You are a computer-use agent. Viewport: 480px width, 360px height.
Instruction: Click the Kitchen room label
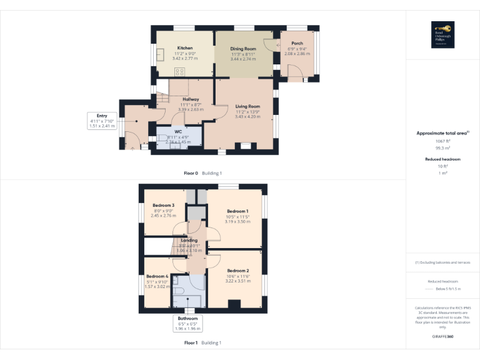point(184,48)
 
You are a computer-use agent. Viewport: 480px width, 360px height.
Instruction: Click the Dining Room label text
point(243,49)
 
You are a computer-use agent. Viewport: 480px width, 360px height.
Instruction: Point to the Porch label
point(297,44)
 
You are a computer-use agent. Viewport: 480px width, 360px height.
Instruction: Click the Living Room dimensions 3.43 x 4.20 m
point(247,116)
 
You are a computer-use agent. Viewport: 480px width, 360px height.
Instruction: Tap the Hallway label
point(191,99)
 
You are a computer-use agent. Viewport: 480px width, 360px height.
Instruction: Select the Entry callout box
point(102,121)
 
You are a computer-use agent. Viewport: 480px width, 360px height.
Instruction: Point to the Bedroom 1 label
point(237,211)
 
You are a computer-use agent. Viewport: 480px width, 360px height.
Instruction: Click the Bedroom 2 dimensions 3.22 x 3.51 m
point(237,281)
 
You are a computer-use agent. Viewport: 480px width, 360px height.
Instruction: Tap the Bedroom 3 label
point(163,205)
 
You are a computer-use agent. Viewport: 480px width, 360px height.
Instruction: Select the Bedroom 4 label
point(157,276)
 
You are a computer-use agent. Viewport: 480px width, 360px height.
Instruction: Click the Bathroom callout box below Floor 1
point(187,323)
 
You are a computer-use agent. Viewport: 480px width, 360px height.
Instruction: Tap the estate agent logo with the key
point(442,33)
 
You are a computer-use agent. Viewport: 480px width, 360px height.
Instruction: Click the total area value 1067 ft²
point(442,141)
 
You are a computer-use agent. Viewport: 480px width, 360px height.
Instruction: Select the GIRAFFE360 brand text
point(442,337)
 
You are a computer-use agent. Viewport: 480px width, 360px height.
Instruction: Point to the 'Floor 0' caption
point(190,172)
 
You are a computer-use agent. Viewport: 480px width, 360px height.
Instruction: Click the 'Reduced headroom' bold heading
point(442,159)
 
